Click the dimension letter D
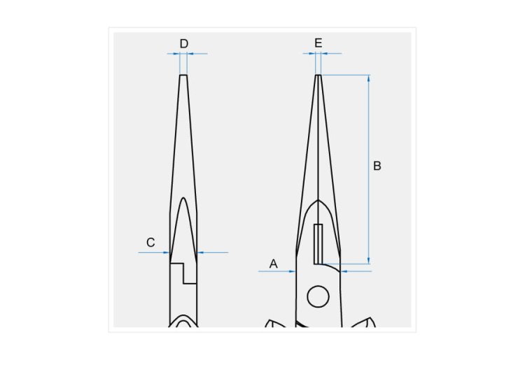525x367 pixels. pos(184,44)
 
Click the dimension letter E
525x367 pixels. pos(318,43)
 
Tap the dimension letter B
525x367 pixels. pos(377,166)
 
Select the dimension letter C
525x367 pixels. pos(150,243)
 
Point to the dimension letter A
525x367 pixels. pos(274,264)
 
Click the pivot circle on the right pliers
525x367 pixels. pos(318,296)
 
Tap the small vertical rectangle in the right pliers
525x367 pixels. pos(318,244)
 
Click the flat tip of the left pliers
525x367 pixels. pos(183,75)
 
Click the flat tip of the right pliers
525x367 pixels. pos(318,75)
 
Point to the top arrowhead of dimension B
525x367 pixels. pos(369,78)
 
